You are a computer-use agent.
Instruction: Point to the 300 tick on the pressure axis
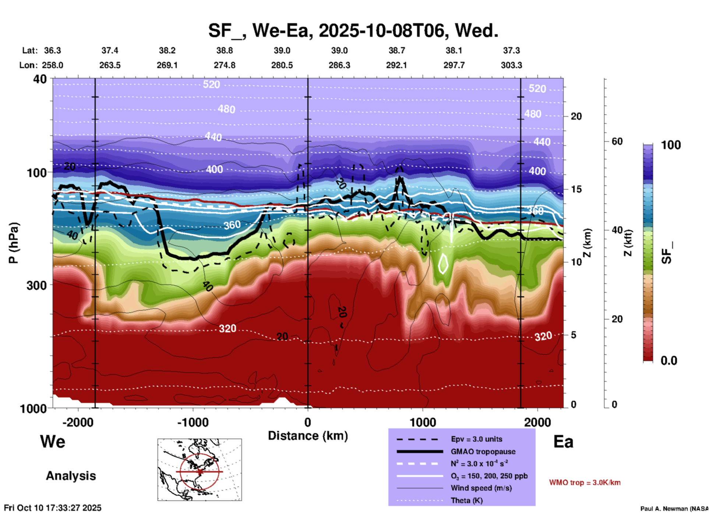click(x=37, y=285)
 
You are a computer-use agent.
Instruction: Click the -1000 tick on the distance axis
click(x=193, y=422)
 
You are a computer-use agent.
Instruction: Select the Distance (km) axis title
click(x=308, y=436)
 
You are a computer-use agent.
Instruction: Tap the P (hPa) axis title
click(x=13, y=243)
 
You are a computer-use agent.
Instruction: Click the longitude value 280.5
click(x=282, y=65)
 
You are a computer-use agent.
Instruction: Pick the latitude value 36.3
click(x=52, y=50)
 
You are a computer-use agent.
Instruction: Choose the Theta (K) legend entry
click(x=467, y=500)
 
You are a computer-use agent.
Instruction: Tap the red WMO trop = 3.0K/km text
click(x=585, y=482)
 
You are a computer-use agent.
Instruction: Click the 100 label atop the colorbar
click(x=671, y=145)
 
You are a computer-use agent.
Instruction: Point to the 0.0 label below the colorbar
click(x=669, y=361)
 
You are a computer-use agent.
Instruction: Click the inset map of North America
click(x=200, y=470)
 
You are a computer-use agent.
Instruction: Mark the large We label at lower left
click(x=53, y=441)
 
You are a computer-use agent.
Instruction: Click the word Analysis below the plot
click(x=71, y=476)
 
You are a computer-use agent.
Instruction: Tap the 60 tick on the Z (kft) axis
click(x=617, y=141)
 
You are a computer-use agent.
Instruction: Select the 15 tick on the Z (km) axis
click(x=576, y=189)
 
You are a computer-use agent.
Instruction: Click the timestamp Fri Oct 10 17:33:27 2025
click(x=53, y=508)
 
